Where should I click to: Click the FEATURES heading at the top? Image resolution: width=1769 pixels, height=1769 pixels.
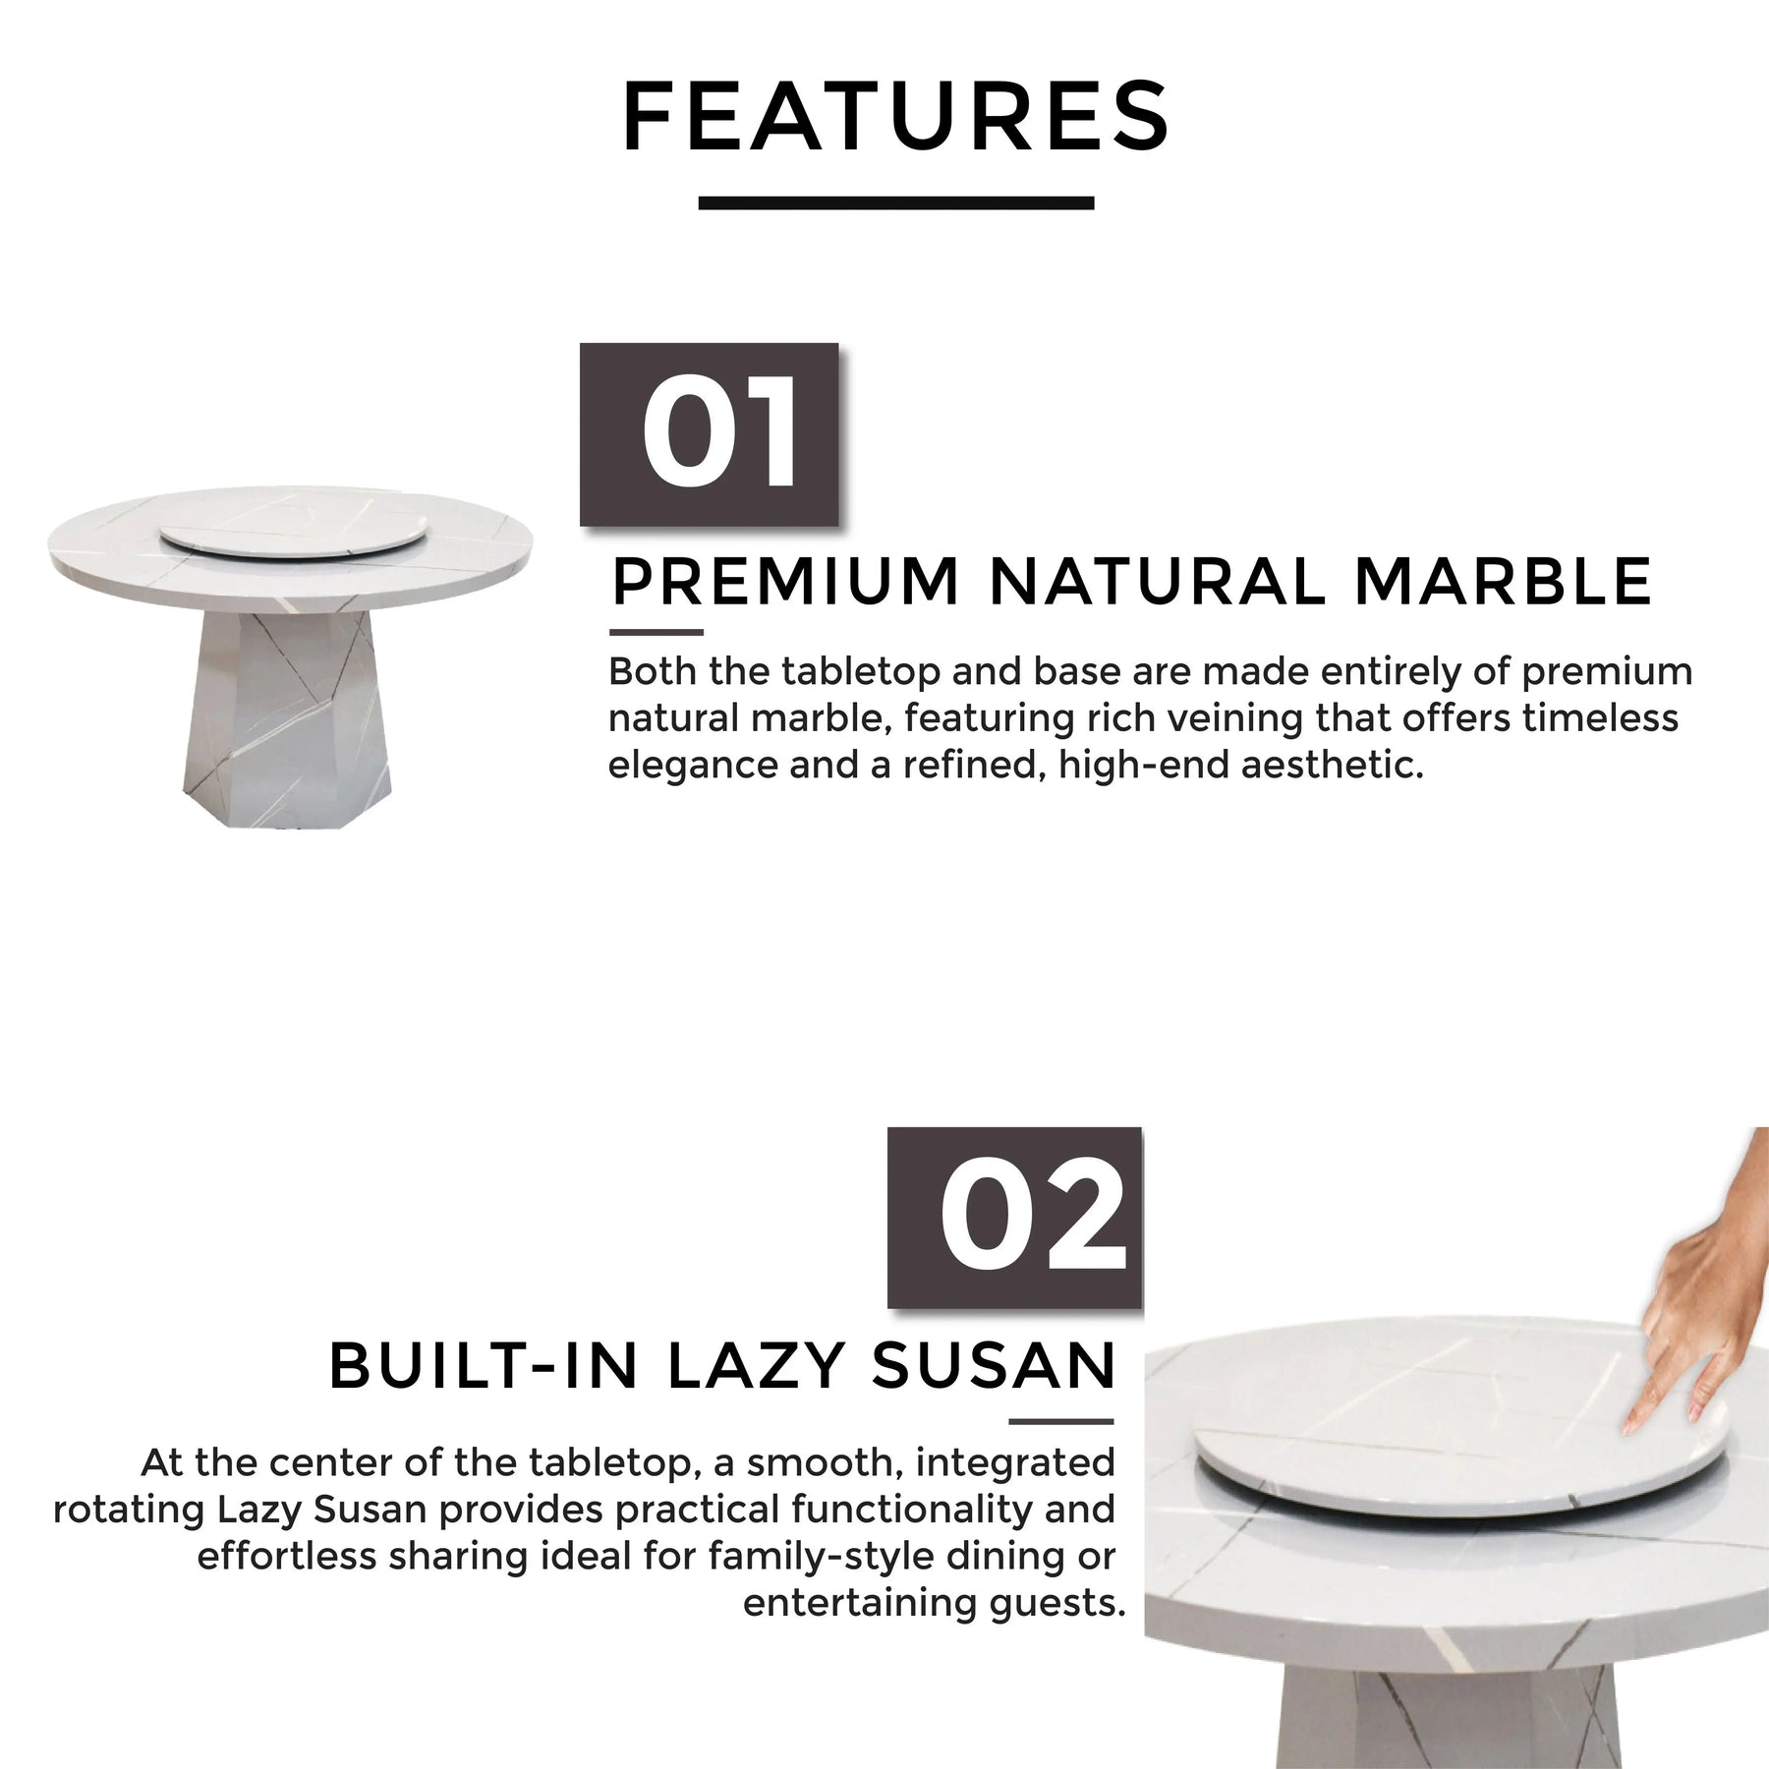click(895, 117)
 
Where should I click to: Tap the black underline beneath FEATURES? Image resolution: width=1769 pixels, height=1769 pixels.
click(895, 203)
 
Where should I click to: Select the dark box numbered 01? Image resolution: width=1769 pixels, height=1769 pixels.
click(710, 434)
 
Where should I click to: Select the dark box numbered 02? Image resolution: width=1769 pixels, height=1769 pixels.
click(1015, 1218)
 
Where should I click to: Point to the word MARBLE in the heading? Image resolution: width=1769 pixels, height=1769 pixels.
click(1503, 581)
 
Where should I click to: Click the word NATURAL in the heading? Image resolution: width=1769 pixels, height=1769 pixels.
click(1158, 581)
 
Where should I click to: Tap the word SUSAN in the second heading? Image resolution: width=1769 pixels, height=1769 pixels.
click(994, 1365)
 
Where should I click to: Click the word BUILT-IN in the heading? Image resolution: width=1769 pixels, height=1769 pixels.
click(484, 1365)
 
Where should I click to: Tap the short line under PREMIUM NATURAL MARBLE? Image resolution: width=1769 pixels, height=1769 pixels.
click(656, 633)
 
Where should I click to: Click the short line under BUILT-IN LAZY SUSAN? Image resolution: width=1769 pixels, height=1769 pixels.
click(1061, 1421)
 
